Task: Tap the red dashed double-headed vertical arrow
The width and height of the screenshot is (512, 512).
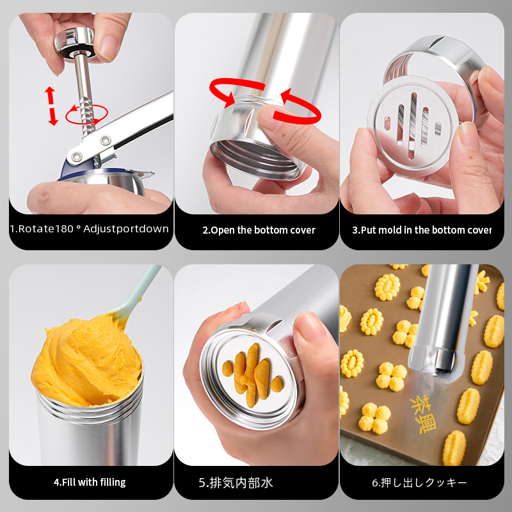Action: pyautogui.click(x=51, y=106)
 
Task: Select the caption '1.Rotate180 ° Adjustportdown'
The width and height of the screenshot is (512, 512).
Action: pyautogui.click(x=89, y=228)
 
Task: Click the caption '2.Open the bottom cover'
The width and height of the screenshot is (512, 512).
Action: pyautogui.click(x=259, y=230)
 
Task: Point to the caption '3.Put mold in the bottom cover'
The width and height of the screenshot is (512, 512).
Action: pyautogui.click(x=422, y=230)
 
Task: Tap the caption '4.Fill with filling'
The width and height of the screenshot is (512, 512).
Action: pyautogui.click(x=90, y=483)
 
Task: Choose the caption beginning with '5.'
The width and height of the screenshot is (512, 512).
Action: pyautogui.click(x=236, y=483)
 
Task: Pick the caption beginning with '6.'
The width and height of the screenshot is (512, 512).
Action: pyautogui.click(x=419, y=483)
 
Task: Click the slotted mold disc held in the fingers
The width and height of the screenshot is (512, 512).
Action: pyautogui.click(x=413, y=126)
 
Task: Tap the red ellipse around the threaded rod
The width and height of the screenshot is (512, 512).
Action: pyautogui.click(x=86, y=115)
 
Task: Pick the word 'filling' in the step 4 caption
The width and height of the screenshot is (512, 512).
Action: pyautogui.click(x=113, y=483)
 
